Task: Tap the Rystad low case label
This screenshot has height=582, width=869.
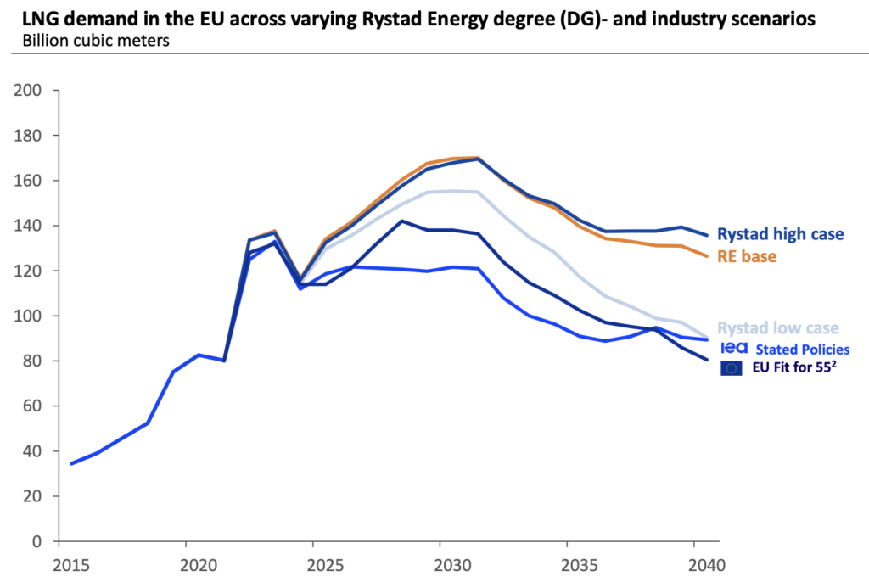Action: coord(778,328)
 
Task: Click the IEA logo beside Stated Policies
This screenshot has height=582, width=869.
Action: coord(733,348)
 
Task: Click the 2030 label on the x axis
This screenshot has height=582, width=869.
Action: coord(441,563)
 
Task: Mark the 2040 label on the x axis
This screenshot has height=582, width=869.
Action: coord(696,563)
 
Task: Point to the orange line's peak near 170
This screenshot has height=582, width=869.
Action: coord(477,158)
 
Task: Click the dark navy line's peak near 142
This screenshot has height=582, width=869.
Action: coord(401,221)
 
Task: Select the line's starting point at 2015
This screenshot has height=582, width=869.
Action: coord(71,463)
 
